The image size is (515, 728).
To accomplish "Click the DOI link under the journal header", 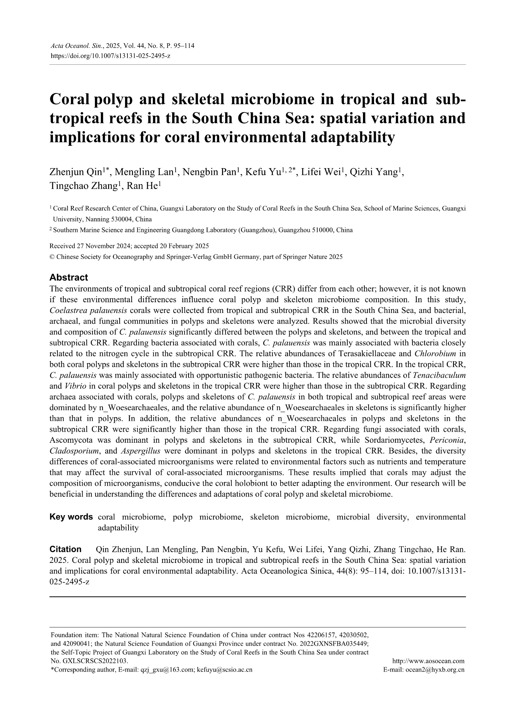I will [110, 55].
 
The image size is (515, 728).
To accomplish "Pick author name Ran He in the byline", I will [142, 186].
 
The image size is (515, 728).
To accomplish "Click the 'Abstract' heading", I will [69, 277].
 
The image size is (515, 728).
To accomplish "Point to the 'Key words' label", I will [71, 517].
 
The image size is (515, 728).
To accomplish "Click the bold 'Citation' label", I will [65, 549].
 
